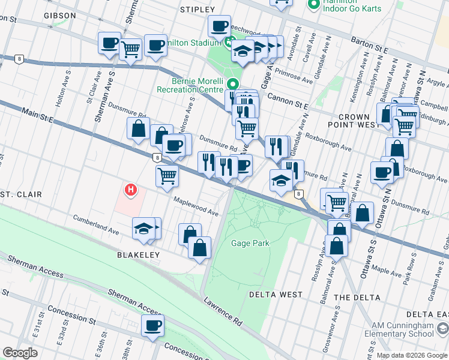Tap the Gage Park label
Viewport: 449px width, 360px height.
click(x=250, y=243)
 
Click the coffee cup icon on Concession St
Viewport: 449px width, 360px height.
click(x=152, y=326)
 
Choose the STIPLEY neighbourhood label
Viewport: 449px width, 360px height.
click(x=197, y=10)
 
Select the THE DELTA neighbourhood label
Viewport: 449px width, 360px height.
click(x=357, y=298)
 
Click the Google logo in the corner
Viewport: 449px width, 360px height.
click(x=20, y=353)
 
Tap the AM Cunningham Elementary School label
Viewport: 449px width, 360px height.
click(x=398, y=333)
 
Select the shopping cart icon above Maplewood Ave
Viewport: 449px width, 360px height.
click(x=167, y=176)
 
